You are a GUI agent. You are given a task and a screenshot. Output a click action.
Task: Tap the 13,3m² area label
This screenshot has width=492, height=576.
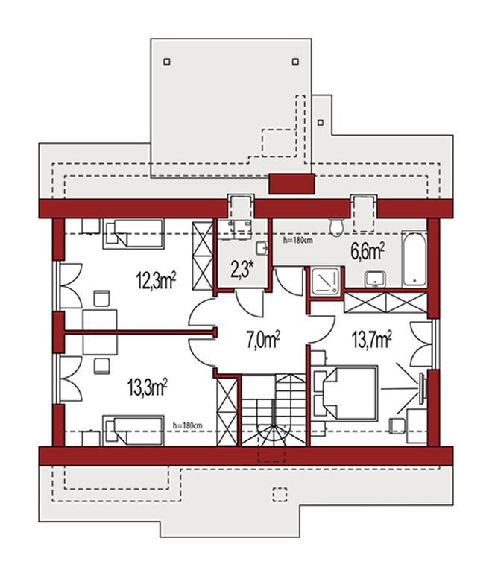pyautogui.click(x=148, y=388)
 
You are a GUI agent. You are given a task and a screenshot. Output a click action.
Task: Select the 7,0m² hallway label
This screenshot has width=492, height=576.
pyautogui.click(x=263, y=341)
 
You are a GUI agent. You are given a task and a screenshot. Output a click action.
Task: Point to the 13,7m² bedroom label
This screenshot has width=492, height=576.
pyautogui.click(x=372, y=340)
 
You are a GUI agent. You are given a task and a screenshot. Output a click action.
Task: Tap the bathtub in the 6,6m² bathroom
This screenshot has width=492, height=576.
pyautogui.click(x=414, y=259)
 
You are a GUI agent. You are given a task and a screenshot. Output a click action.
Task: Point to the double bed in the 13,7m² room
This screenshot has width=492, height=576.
pyautogui.click(x=345, y=393)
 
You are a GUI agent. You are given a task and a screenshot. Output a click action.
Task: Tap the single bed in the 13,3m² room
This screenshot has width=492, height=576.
pyautogui.click(x=133, y=431)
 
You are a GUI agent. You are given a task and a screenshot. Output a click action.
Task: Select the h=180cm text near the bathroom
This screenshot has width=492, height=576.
pyautogui.click(x=298, y=241)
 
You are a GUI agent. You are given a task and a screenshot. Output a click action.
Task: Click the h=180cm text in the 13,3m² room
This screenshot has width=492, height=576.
pyautogui.click(x=187, y=425)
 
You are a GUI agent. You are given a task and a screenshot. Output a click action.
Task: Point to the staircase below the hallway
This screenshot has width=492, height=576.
pyautogui.click(x=274, y=410)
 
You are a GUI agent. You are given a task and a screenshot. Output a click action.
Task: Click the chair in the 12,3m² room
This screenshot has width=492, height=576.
pyautogui.click(x=102, y=298)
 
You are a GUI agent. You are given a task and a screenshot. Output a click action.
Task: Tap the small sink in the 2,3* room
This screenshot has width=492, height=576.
pyautogui.click(x=262, y=249)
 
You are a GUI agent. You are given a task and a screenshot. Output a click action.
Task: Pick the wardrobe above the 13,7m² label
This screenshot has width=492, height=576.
pyautogui.click(x=386, y=303)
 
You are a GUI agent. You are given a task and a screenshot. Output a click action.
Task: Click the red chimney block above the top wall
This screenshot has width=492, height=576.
pyautogui.click(x=291, y=184)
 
